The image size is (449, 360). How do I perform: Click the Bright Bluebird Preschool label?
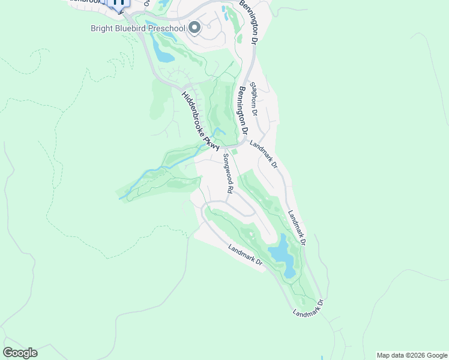[x=137, y=28]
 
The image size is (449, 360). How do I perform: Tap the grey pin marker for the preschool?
[x=194, y=28]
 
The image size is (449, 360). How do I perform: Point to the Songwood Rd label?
[x=228, y=173]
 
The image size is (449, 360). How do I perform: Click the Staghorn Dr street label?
[x=254, y=100]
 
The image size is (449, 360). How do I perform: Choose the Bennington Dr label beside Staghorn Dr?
[x=242, y=110]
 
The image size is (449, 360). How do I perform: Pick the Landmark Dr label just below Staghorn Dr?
[x=264, y=154]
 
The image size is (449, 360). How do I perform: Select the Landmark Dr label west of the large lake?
[x=246, y=255]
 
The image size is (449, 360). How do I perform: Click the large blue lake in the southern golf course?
[x=281, y=255]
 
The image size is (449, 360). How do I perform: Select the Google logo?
[x=20, y=353]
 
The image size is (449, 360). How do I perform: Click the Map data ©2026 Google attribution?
[x=412, y=355]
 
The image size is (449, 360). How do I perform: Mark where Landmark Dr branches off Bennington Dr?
[x=247, y=142]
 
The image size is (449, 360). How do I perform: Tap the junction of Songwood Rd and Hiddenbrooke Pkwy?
[x=220, y=148]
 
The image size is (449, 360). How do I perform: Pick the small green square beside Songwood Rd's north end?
[x=234, y=152]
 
